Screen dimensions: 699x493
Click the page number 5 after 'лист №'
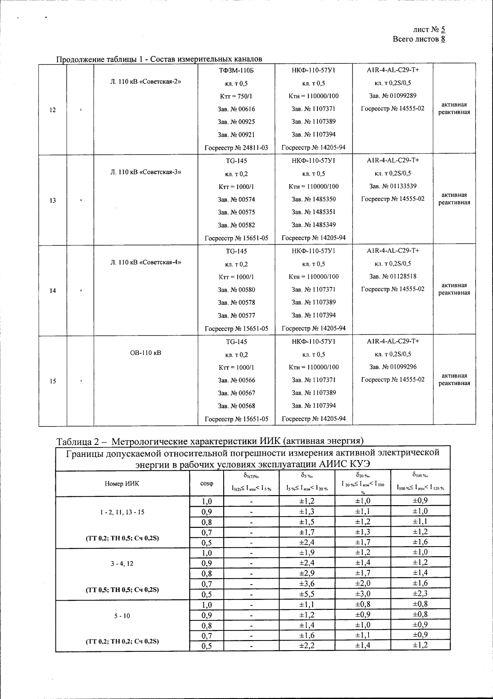(x=443, y=30)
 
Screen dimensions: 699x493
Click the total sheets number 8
(x=443, y=39)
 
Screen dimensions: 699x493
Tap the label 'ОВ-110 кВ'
(x=145, y=352)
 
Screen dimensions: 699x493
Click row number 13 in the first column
(x=52, y=200)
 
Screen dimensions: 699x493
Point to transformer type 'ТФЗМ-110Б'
(x=236, y=70)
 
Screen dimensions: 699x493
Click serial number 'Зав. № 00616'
(x=236, y=109)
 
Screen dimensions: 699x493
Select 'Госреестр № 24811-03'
(x=236, y=148)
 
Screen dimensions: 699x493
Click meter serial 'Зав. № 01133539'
(x=393, y=186)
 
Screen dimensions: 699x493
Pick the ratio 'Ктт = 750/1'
(x=236, y=96)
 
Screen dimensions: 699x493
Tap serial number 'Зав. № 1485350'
(x=314, y=199)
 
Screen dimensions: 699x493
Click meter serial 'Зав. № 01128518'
(x=393, y=276)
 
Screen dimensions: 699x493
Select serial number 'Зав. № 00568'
(x=236, y=406)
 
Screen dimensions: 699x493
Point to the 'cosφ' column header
(x=207, y=483)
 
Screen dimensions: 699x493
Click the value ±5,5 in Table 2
(x=307, y=594)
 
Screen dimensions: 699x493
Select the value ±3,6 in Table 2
(x=307, y=583)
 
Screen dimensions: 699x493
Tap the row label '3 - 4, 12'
(x=122, y=563)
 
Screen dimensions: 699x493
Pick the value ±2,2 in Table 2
(x=307, y=645)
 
